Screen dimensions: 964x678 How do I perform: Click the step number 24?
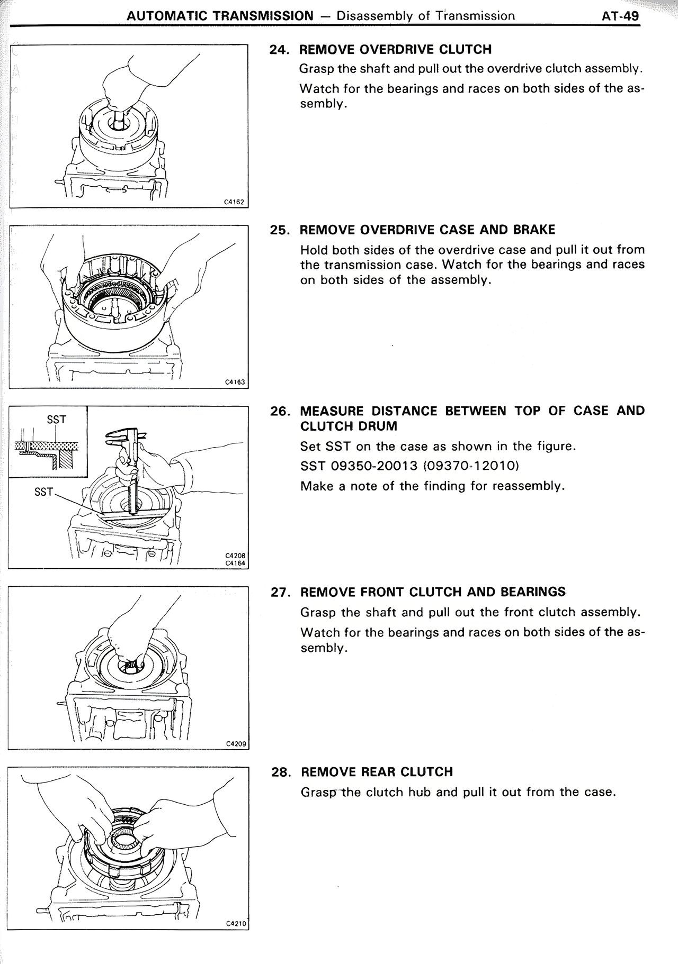[x=279, y=50]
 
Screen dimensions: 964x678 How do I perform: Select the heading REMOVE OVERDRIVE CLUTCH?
[x=395, y=50]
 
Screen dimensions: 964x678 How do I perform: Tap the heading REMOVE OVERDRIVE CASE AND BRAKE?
[x=427, y=230]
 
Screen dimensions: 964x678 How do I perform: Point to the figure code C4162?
[x=234, y=202]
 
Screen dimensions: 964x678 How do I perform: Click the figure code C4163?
[x=235, y=381]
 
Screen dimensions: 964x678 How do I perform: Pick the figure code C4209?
[x=236, y=743]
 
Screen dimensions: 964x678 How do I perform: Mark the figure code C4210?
[x=236, y=924]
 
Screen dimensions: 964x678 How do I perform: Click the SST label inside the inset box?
[x=56, y=420]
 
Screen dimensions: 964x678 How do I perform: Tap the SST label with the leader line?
[x=43, y=492]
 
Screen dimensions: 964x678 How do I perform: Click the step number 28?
[x=281, y=772]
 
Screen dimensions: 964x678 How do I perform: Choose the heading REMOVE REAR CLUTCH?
[x=377, y=772]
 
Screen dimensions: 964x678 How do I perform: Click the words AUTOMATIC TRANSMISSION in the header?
[x=220, y=15]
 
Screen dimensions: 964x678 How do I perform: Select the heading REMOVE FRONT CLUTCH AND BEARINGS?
[x=433, y=592]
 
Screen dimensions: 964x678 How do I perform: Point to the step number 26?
[x=280, y=411]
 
